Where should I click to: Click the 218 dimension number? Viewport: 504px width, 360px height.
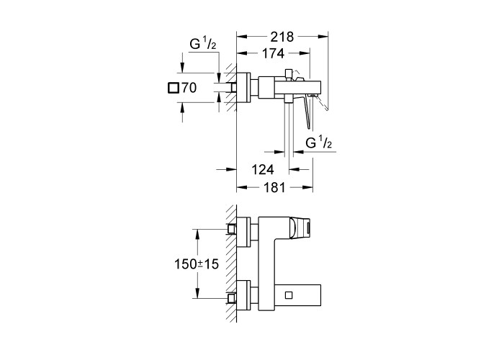[x=282, y=37]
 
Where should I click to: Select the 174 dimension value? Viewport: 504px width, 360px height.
[x=273, y=53]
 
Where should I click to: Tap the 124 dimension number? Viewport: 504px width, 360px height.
[x=262, y=169]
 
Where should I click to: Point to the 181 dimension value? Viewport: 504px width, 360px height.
[x=274, y=187]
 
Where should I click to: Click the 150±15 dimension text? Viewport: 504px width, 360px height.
[x=197, y=264]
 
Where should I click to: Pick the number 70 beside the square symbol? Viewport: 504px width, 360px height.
[x=189, y=88]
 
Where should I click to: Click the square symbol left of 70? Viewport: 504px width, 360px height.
[x=174, y=88]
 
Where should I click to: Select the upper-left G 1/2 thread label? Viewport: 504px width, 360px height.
[x=202, y=44]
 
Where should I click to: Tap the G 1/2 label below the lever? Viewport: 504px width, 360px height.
[x=318, y=143]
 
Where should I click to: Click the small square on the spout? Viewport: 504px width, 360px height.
[x=288, y=295]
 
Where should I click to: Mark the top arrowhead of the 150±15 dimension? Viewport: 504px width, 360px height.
[x=197, y=234]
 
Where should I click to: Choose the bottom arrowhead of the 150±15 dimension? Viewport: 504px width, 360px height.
[x=197, y=294]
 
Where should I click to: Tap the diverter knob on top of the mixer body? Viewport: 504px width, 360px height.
[x=289, y=73]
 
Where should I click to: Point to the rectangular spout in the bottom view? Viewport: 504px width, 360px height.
[x=298, y=295]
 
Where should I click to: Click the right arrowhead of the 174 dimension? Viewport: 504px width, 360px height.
[x=305, y=53]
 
